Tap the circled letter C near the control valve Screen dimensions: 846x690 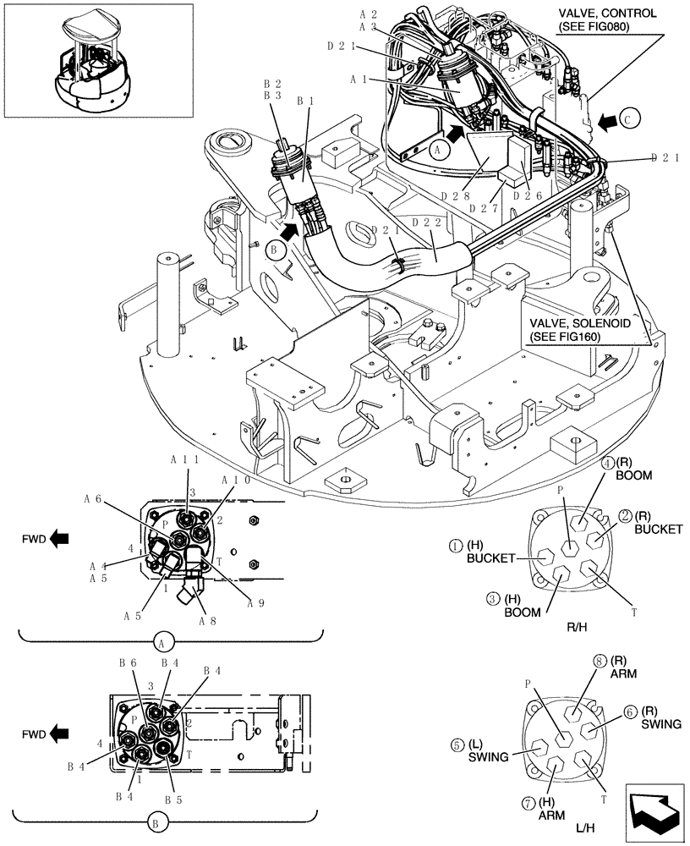[630, 120]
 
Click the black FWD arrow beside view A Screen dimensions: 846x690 [58, 536]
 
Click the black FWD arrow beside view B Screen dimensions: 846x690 [58, 733]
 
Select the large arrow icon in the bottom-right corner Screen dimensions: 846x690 [654, 811]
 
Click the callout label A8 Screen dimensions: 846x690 [207, 620]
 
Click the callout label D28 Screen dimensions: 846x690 [456, 194]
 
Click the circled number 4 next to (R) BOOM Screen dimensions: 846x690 [607, 462]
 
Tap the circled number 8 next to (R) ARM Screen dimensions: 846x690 [600, 662]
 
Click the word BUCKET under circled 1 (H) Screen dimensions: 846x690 [490, 558]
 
